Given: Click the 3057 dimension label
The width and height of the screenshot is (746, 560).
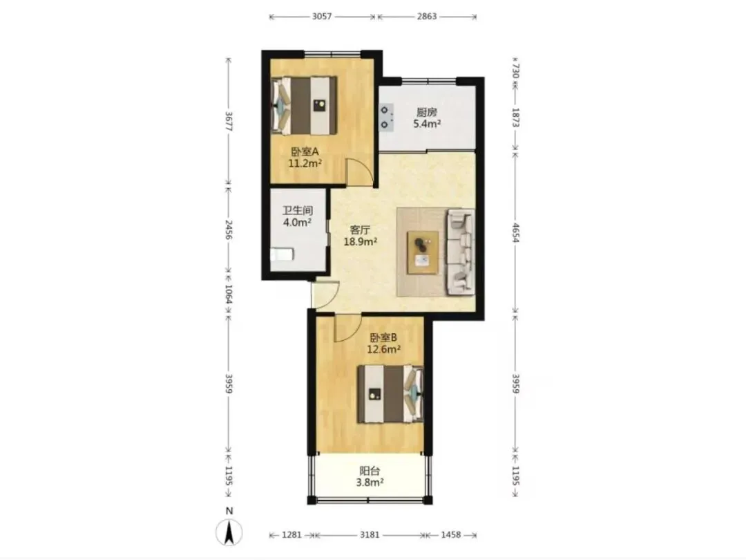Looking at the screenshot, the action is (322, 16).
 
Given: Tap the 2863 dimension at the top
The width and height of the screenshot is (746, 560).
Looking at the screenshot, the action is (427, 16).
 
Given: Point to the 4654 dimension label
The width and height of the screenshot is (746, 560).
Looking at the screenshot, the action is (515, 232).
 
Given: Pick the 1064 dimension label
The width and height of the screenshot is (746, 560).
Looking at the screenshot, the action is (229, 295).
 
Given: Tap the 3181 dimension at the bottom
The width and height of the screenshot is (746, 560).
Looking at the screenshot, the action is (369, 534).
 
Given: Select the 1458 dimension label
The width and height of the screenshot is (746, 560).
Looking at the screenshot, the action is (450, 534).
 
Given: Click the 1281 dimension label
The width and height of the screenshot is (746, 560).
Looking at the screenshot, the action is (291, 534).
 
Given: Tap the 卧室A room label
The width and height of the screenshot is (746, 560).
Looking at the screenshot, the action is (305, 151).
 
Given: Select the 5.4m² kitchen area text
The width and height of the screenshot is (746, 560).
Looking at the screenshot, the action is (427, 124).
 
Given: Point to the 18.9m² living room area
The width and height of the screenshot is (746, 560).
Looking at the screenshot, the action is (361, 241).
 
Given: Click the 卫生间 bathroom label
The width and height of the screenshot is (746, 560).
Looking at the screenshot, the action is (297, 210).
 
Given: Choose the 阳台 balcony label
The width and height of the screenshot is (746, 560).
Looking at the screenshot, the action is (370, 471).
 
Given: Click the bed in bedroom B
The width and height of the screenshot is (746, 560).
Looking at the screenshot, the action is (390, 394).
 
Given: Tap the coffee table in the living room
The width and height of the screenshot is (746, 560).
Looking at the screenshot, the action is (423, 252).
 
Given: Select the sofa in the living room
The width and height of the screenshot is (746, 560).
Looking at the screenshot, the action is (460, 252).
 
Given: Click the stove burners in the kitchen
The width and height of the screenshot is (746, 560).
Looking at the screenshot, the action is (386, 118).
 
